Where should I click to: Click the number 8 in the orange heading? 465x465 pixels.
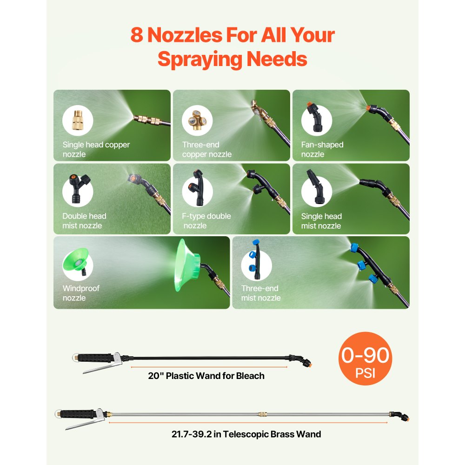pyautogui.click(x=137, y=35)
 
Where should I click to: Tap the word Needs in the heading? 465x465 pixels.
pyautogui.click(x=277, y=59)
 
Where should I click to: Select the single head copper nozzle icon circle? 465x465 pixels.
pyautogui.click(x=78, y=120)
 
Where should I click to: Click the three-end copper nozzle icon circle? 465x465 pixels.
pyautogui.click(x=197, y=120)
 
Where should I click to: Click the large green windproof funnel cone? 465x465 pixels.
pyautogui.click(x=187, y=265)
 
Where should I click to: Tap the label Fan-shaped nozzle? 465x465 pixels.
pyautogui.click(x=322, y=149)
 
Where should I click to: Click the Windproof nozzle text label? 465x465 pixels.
pyautogui.click(x=80, y=293)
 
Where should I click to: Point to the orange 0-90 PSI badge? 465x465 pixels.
pyautogui.click(x=365, y=359)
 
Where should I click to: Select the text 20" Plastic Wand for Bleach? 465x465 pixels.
pyautogui.click(x=206, y=376)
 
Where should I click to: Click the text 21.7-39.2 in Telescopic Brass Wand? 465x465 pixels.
pyautogui.click(x=246, y=434)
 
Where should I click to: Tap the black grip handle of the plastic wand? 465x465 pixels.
pyautogui.click(x=95, y=357)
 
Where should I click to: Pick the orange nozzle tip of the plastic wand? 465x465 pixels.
pyautogui.click(x=309, y=363)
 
